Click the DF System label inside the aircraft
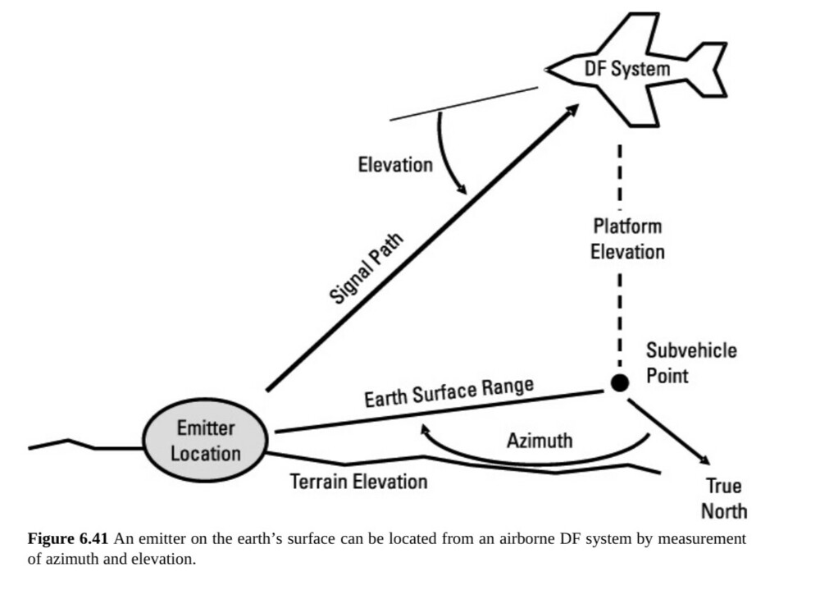click(626, 68)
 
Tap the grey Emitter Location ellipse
click(205, 441)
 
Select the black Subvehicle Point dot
click(620, 382)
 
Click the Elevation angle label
click(394, 165)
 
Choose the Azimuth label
click(539, 441)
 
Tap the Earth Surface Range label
click(449, 391)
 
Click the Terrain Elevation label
click(358, 481)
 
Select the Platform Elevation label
click(627, 238)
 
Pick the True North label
click(724, 497)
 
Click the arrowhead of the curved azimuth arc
click(423, 429)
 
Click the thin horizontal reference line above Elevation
click(463, 103)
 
